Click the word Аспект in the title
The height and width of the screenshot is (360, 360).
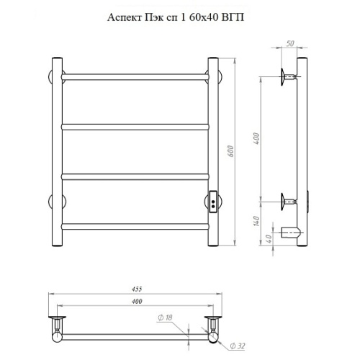click(125, 17)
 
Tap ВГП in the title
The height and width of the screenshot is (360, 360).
click(233, 17)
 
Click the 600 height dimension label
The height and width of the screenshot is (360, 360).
click(230, 151)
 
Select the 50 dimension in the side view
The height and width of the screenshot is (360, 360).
click(290, 43)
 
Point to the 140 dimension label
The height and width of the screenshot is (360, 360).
click(256, 221)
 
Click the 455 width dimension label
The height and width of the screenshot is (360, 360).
click(137, 289)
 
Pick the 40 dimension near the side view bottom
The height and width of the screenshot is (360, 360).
click(269, 238)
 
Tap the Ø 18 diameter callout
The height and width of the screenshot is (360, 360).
click(165, 318)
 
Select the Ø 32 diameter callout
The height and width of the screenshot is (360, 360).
click(238, 346)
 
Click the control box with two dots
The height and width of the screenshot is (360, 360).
click(213, 202)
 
